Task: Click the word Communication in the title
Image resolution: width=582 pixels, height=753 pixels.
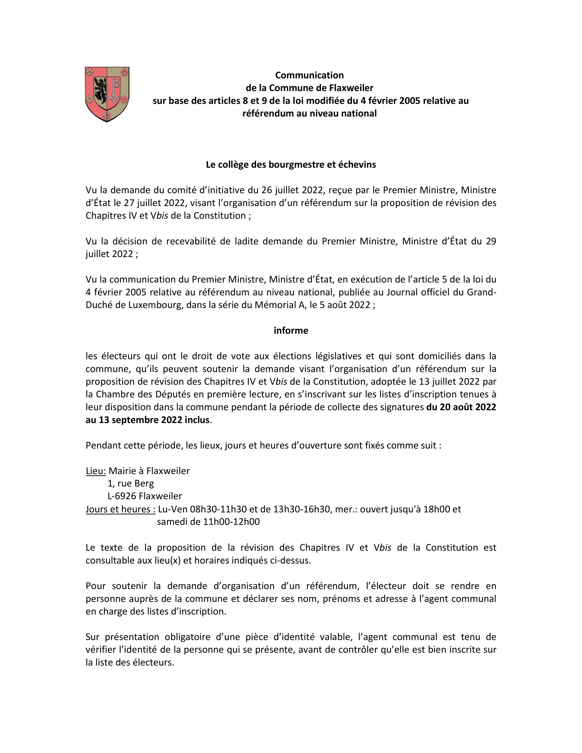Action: (309, 75)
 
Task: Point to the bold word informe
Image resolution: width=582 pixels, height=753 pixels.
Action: (291, 331)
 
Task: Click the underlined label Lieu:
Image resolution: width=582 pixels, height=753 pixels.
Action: (96, 471)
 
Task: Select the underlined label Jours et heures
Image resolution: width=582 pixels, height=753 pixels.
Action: (120, 509)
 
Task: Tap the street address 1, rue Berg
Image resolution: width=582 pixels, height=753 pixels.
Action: (131, 484)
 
